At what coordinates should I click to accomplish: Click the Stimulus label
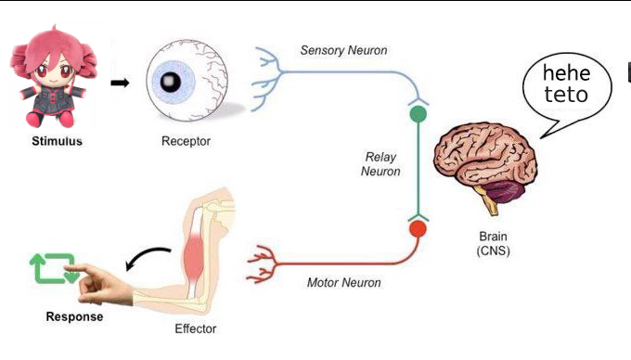point(57,141)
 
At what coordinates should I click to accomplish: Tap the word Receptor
point(186,141)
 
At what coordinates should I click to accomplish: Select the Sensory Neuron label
point(343,50)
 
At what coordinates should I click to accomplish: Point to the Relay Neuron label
point(380,164)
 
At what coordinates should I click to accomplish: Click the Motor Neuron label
point(343,282)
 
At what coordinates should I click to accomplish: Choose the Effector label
point(196,328)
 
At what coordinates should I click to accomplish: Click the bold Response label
point(74,316)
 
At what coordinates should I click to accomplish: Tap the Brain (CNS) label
point(493,243)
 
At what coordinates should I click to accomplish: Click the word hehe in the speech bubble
point(566,73)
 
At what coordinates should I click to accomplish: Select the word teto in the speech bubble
point(566,94)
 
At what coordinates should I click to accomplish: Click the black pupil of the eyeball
point(170,82)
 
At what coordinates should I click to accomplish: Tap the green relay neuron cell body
point(419,114)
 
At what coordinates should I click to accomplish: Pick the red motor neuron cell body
point(419,229)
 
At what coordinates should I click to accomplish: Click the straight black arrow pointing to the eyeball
point(120,83)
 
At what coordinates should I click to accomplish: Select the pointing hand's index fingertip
point(67,268)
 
